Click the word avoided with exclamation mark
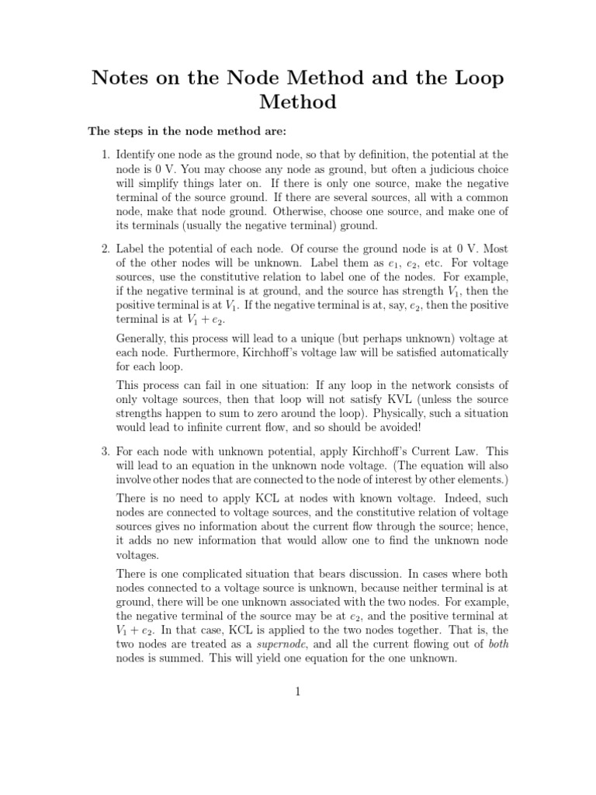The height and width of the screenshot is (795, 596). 429,427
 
